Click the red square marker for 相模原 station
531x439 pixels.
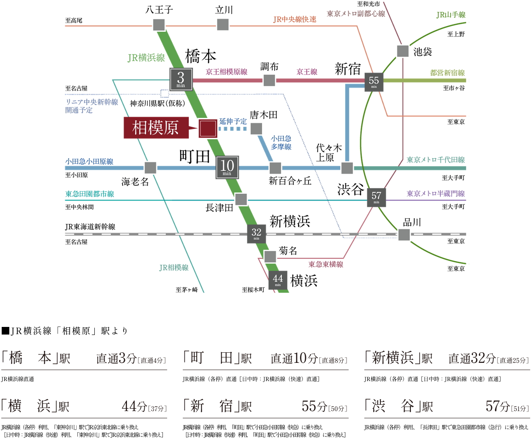point(208,128)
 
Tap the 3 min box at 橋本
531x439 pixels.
point(181,79)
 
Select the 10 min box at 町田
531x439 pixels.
point(227,167)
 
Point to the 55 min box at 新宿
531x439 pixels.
point(374,81)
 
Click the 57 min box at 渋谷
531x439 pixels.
point(376,197)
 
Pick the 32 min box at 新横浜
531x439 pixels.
point(256,233)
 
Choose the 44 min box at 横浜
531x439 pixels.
point(278,280)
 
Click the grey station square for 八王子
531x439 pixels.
point(159,25)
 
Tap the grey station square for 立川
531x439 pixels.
point(223,25)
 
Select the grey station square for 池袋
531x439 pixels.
point(403,51)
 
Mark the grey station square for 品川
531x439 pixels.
point(404,234)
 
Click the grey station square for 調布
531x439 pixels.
point(270,80)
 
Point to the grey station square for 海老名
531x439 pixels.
point(150,168)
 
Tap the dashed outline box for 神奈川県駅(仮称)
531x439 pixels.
point(165,93)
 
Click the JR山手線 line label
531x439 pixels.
point(451,15)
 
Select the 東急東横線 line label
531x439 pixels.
point(326,264)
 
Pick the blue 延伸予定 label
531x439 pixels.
point(233,121)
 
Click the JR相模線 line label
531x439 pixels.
point(174,267)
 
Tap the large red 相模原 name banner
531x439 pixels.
point(156,128)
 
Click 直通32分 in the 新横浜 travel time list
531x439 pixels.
point(472,358)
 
